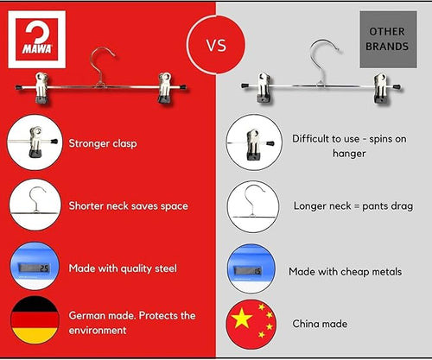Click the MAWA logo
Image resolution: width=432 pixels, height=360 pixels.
37,40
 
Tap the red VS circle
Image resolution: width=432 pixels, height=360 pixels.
216,45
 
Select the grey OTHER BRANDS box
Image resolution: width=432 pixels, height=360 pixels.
388,40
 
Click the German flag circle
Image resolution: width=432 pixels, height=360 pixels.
35,319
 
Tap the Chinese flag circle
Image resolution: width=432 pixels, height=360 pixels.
251,324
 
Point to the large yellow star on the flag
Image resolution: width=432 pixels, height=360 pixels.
242,319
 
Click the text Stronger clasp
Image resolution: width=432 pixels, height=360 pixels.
103,143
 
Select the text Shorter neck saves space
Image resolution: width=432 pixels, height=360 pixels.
128,206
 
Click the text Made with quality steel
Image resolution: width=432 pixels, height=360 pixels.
123,268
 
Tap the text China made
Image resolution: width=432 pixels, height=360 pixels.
320,324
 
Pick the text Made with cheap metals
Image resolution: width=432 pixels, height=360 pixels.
345,272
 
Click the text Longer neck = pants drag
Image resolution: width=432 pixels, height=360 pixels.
353,206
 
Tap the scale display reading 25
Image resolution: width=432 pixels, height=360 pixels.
35,268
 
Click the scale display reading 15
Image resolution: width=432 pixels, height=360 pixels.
248,270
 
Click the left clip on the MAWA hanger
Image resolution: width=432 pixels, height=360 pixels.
41,88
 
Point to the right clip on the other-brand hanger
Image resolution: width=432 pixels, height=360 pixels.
380,88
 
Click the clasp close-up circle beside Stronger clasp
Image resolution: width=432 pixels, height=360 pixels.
35,142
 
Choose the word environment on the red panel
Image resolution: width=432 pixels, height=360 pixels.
98,331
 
